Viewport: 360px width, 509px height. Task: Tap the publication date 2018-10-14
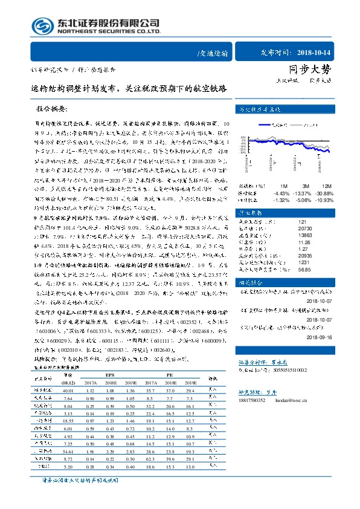323,53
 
